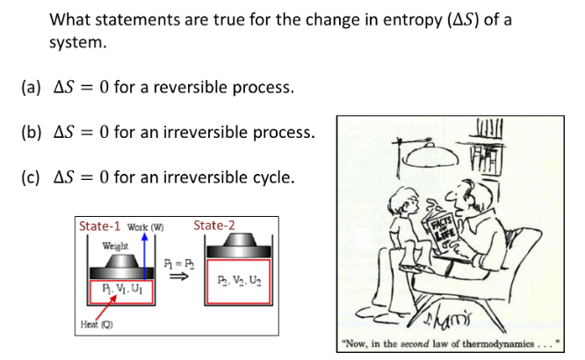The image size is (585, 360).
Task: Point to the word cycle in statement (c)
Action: click(271, 177)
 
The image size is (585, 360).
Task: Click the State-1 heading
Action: click(101, 227)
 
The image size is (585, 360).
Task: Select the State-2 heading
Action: click(214, 226)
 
